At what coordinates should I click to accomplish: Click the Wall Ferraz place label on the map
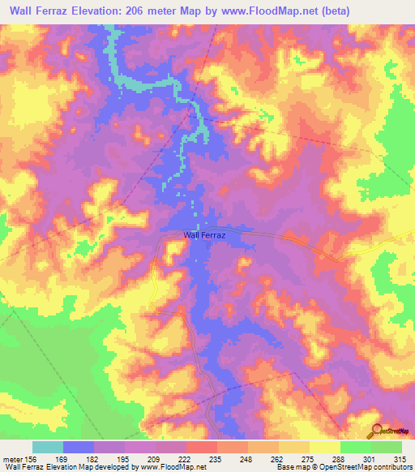(x=203, y=234)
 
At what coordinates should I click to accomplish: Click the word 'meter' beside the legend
(x=13, y=458)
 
